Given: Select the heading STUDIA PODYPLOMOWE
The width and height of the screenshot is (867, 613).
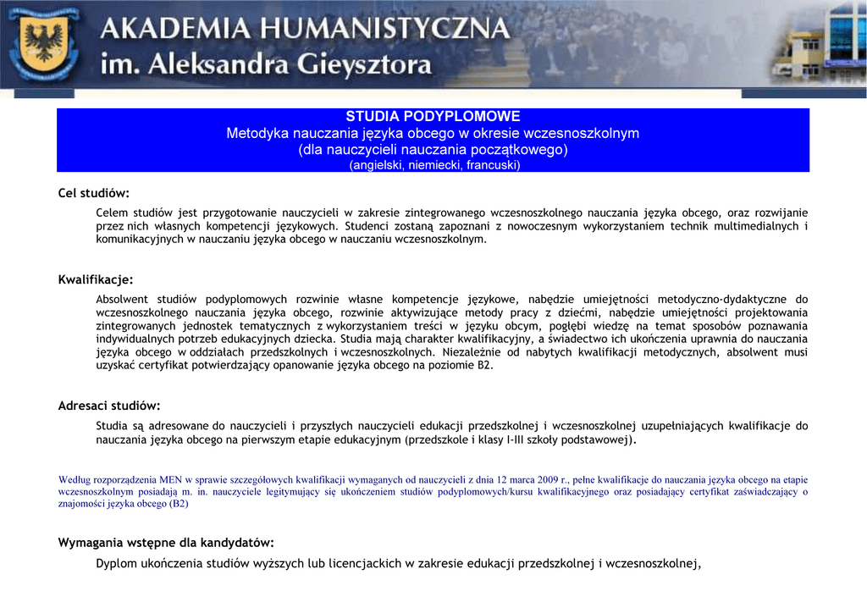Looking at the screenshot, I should pyautogui.click(x=433, y=117).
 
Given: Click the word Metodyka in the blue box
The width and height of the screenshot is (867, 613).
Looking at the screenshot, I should pyautogui.click(x=257, y=134).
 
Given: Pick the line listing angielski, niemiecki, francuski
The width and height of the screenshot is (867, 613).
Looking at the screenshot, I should pyautogui.click(x=433, y=165).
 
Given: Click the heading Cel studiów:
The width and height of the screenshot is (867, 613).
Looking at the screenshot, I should pyautogui.click(x=93, y=193).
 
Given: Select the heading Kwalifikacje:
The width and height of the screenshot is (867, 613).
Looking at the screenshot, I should pyautogui.click(x=96, y=279).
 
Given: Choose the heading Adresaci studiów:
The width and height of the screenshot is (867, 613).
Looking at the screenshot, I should pyautogui.click(x=109, y=406).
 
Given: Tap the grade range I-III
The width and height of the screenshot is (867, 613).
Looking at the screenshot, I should pyautogui.click(x=516, y=440).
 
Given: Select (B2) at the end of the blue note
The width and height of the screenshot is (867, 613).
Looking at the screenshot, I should pyautogui.click(x=179, y=504).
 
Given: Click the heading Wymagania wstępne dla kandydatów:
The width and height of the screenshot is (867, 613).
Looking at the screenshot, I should pyautogui.click(x=166, y=543).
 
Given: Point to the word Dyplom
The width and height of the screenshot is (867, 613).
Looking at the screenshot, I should pyautogui.click(x=115, y=564).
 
